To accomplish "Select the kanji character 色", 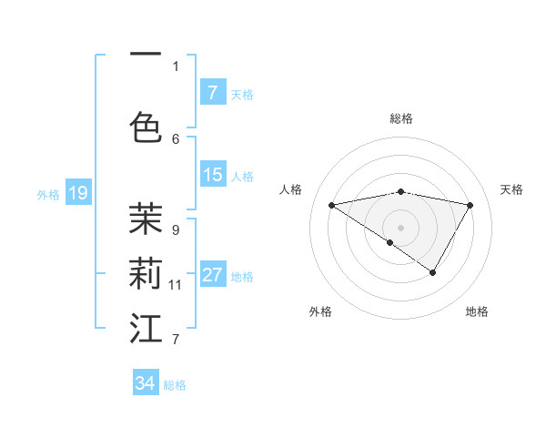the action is [146, 126].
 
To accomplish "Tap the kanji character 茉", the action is [146, 218].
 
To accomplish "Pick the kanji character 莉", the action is [146, 272].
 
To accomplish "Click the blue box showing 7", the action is [212, 93].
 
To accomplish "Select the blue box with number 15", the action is [212, 175].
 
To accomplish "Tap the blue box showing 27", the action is [212, 275].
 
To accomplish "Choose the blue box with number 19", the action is [77, 193].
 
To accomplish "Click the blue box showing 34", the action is [146, 383].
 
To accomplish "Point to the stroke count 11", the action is [176, 285].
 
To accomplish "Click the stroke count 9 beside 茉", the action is [175, 229].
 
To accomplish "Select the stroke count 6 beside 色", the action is [176, 138].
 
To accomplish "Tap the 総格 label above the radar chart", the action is [400, 118].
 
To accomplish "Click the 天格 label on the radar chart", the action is [511, 189].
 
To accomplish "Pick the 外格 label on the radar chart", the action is [320, 311].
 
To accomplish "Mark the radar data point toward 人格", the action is [332, 205].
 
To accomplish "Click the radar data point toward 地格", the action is [433, 272].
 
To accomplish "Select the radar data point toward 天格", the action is [470, 205].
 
